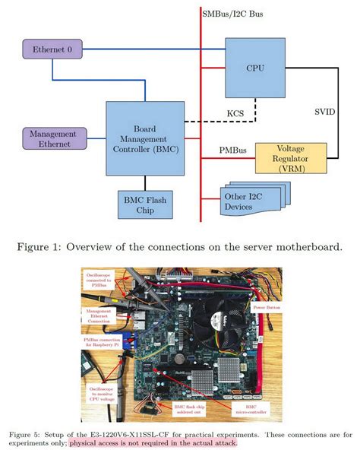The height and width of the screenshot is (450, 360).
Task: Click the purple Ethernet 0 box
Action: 52,50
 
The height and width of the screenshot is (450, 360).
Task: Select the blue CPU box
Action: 255,67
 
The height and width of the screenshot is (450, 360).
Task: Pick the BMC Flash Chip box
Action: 144,204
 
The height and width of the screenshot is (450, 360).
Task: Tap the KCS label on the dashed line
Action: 235,114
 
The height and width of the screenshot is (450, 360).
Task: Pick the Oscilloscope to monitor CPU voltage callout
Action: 95,393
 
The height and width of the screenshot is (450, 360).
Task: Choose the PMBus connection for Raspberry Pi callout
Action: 96,343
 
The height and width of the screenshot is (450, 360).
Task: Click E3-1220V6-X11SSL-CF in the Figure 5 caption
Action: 131,434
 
